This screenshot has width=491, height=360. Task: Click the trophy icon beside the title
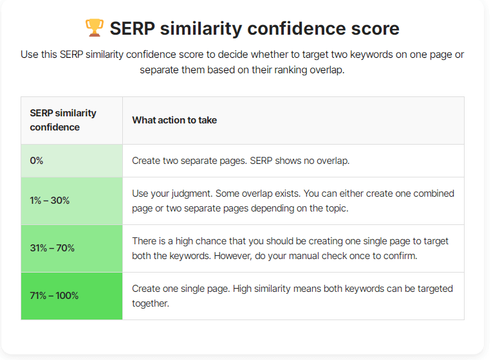94,28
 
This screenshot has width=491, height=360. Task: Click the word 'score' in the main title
375,28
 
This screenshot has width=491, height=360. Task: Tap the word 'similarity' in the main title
201,29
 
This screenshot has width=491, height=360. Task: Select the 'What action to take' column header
174,120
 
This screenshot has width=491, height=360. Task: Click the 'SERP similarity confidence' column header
63,120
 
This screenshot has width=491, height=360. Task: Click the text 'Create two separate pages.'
189,161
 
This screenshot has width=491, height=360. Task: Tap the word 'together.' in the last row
151,303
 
